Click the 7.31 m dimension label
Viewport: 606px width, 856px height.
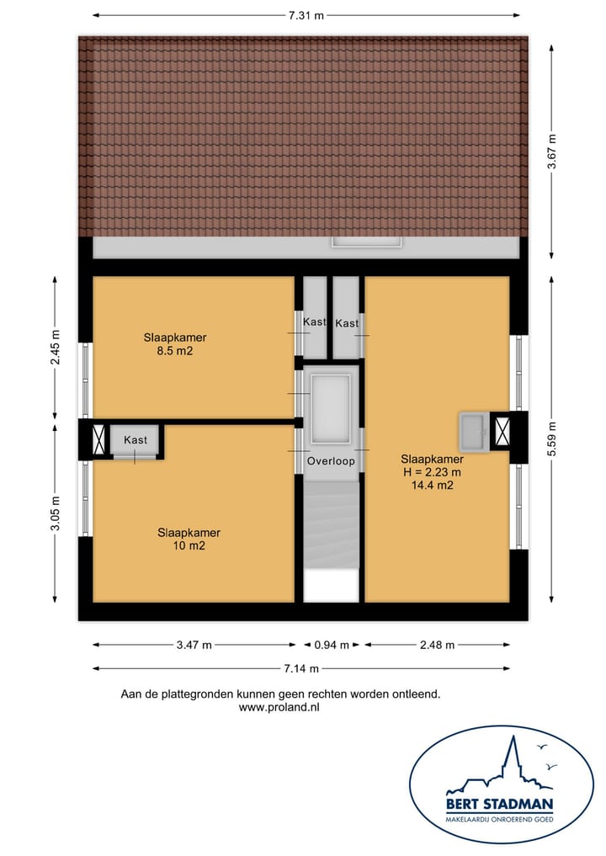coord(306,14)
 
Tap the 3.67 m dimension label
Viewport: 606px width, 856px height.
coord(552,152)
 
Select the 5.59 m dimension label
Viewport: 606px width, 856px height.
coord(552,438)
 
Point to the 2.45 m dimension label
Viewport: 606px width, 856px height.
coord(55,347)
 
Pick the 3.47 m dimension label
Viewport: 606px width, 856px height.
coord(194,646)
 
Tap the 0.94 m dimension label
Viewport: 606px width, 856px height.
coord(332,646)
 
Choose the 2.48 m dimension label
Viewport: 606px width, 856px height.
coord(437,646)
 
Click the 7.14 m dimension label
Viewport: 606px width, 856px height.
coord(302,668)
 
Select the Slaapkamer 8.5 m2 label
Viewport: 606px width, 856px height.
coord(175,344)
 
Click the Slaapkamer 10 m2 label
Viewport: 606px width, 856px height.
coord(189,539)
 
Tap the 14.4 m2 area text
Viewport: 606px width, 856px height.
coord(432,485)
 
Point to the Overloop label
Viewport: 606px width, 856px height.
coord(331,461)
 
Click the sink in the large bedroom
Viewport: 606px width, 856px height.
coord(472,430)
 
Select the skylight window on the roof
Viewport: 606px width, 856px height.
coord(367,242)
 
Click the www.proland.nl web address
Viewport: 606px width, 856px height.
coord(279,708)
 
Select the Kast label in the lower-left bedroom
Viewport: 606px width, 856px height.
coord(136,440)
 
